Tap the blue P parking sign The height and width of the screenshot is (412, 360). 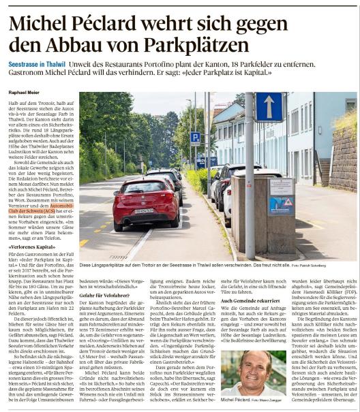point(195,138)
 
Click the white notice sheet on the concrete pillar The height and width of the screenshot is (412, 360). point(280,187)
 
